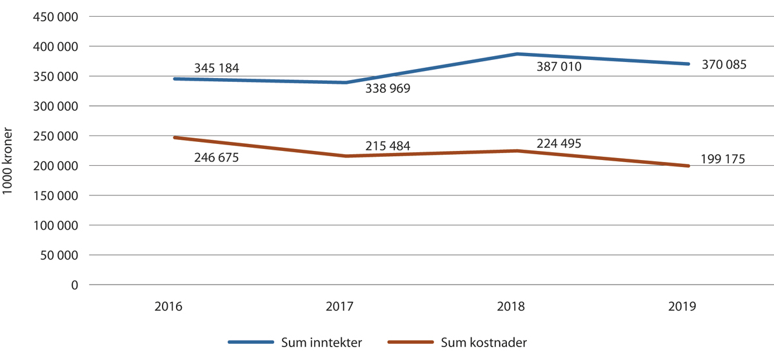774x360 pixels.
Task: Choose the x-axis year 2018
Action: coord(511,307)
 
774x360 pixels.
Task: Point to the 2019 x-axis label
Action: coord(682,307)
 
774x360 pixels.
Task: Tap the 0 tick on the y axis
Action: coord(74,285)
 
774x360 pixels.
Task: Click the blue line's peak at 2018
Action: coord(517,54)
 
